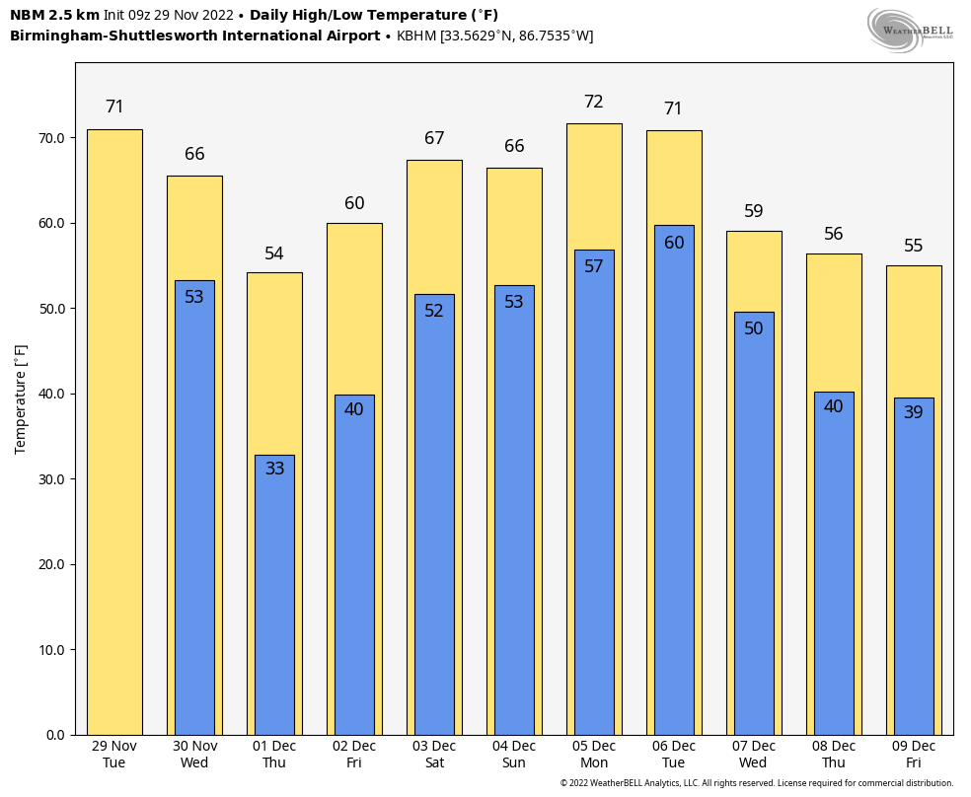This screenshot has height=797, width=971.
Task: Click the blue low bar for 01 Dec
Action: (274, 602)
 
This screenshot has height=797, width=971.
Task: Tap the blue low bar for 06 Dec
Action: (674, 493)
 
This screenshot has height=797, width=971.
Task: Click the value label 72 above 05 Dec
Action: (594, 102)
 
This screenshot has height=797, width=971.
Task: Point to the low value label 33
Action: (274, 469)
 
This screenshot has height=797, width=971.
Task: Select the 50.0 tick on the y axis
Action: (51, 309)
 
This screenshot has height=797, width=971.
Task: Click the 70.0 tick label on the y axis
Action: (51, 138)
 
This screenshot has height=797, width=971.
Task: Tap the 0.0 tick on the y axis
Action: (55, 735)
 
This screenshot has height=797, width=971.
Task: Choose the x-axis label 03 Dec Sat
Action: (434, 754)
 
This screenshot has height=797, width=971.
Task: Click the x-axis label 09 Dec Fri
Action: (914, 754)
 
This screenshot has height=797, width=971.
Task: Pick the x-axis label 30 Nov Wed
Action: (194, 754)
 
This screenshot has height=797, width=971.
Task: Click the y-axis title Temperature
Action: (21, 399)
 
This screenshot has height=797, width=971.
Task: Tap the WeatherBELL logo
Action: (910, 30)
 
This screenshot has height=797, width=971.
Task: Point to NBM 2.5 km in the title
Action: (54, 15)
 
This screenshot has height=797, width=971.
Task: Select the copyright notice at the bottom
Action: (756, 783)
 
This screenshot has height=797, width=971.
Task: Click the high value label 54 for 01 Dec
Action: (274, 254)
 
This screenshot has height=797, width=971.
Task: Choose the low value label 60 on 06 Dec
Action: (674, 243)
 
